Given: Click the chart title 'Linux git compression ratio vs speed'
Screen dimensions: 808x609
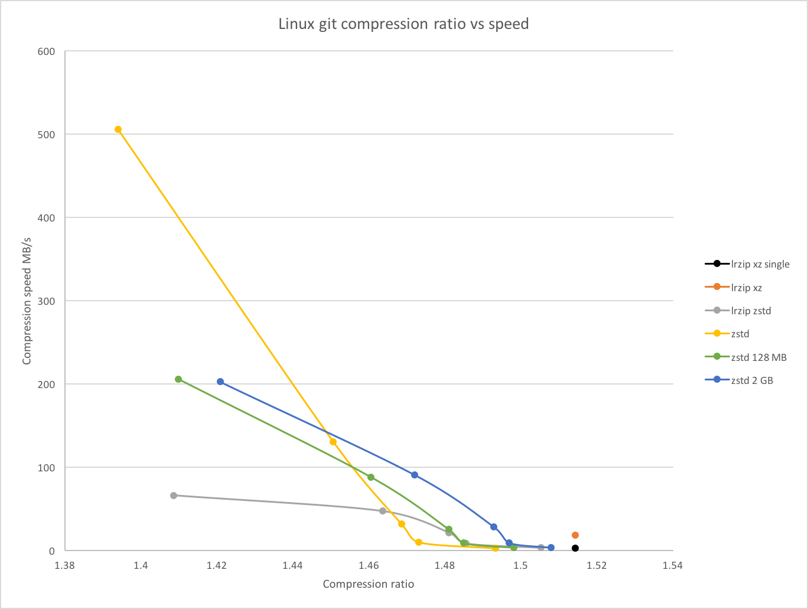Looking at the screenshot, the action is (403, 24).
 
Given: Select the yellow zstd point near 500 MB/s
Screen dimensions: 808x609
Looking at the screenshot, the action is (118, 129).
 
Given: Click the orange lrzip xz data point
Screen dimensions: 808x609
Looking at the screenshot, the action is (575, 535).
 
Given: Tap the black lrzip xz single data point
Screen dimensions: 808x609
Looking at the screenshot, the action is (575, 548).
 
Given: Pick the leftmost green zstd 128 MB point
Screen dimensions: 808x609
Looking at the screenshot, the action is (178, 379).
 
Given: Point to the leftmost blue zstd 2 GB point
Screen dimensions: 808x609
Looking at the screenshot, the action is (220, 382).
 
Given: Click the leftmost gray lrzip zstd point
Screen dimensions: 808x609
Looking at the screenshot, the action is (174, 496).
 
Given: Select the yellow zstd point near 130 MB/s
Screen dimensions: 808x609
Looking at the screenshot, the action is (333, 442).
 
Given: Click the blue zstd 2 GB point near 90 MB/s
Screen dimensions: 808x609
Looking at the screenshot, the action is (415, 475).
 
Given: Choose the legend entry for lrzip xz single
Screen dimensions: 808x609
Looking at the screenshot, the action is (747, 264).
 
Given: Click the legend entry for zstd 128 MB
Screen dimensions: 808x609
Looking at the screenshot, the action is (745, 357).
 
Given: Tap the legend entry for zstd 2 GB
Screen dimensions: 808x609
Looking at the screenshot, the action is (739, 380).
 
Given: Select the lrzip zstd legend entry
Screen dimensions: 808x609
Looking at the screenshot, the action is (738, 311).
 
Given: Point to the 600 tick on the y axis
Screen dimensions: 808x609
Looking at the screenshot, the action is (47, 51).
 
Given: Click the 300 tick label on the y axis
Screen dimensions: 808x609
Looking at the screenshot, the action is (47, 301).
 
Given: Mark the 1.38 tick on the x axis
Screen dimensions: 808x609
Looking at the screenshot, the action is (65, 565).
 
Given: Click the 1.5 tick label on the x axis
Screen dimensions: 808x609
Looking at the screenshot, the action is (520, 565).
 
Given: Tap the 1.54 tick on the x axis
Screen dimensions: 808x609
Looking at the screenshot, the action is (673, 565).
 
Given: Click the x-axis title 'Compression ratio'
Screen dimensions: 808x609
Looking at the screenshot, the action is (369, 584).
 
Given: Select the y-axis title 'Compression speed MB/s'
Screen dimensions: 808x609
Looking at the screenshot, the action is (27, 301).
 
